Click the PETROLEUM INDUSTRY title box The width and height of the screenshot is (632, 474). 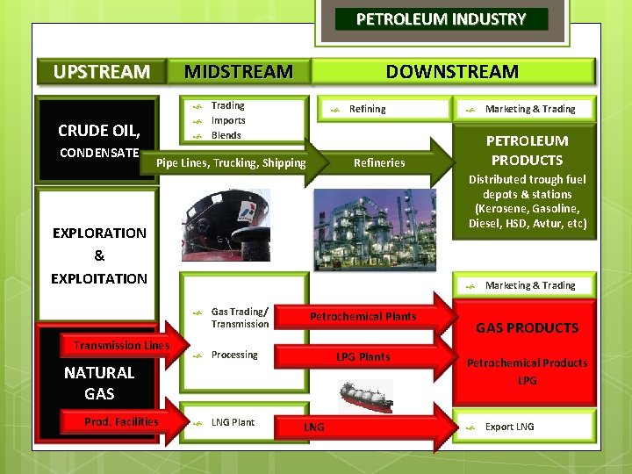click(441, 19)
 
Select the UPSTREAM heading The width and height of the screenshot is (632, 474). click(101, 72)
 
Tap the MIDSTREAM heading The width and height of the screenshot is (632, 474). click(238, 72)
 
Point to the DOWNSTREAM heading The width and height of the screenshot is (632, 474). click(452, 72)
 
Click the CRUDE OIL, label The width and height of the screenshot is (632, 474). click(98, 131)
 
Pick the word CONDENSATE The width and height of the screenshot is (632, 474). click(98, 154)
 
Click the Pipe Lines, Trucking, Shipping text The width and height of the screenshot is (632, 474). click(231, 162)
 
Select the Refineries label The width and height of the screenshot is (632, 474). click(379, 162)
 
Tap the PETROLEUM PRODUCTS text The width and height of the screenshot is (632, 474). click(527, 150)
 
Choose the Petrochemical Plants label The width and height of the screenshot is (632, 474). click(363, 316)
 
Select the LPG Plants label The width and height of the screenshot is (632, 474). click(363, 356)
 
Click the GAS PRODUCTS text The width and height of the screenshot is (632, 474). click(527, 328)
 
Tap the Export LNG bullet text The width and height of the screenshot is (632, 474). click(509, 427)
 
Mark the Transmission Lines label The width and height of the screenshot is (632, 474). click(121, 346)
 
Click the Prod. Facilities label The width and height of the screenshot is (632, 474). click(121, 422)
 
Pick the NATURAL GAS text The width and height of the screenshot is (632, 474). click(99, 383)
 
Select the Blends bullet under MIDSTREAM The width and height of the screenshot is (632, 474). click(226, 135)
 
